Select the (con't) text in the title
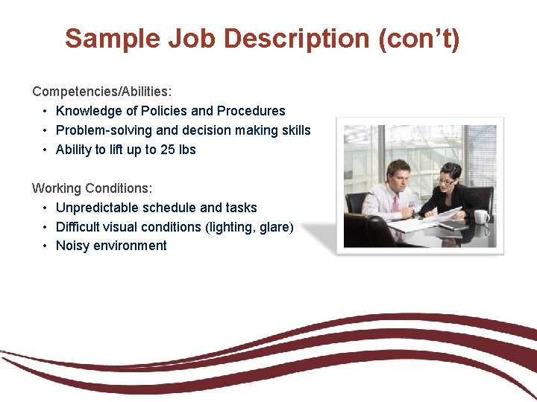(419, 38)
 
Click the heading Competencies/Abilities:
(101, 92)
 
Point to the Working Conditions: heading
(92, 188)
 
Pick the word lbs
(187, 150)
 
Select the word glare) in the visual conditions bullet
(276, 227)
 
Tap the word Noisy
(74, 246)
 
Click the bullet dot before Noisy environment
(45, 246)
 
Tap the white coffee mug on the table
(481, 217)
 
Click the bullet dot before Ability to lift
(45, 150)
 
